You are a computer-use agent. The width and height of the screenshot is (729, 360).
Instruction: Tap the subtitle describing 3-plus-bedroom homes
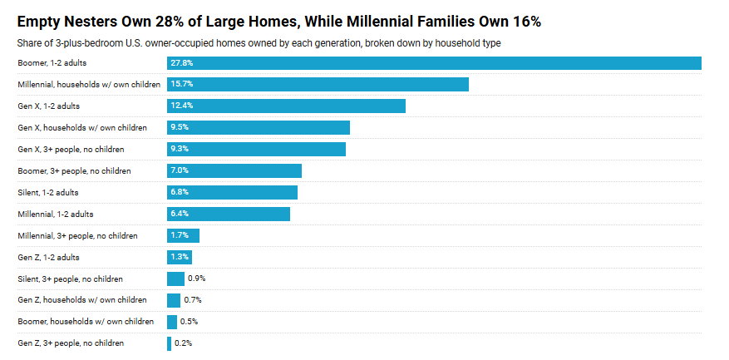259,42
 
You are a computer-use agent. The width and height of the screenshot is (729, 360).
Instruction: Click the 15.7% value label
182,85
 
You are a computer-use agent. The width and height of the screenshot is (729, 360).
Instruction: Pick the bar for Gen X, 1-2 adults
286,106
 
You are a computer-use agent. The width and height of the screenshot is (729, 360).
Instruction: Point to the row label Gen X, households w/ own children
82,128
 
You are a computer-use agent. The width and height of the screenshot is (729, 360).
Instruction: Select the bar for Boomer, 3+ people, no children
234,170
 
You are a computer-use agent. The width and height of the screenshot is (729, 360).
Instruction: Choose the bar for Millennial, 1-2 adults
228,214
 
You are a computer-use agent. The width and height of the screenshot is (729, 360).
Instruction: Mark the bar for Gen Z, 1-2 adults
180,257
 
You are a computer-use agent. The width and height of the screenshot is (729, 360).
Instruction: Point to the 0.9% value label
196,279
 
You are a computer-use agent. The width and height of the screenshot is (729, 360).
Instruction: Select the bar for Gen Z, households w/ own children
174,300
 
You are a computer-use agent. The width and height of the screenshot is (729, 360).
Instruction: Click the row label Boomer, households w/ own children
86,322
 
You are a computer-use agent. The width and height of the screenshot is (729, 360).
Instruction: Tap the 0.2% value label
185,343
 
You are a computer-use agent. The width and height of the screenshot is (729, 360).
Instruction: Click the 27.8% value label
182,63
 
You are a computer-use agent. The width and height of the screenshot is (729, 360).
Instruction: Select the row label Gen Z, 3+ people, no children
71,343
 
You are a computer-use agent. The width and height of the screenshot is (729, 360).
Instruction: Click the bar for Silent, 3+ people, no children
175,279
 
